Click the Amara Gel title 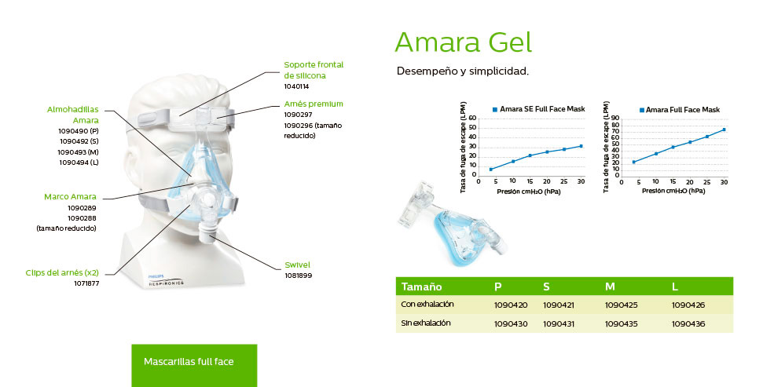coord(464,42)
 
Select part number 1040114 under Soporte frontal coord(296,86)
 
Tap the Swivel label coord(297,265)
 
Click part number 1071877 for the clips coord(86,283)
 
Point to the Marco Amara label coord(70,197)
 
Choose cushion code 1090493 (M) coord(79,152)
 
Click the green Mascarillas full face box coord(194,366)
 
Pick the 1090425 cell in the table coord(621,305)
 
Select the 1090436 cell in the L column coord(688,323)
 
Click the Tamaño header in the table coord(421,287)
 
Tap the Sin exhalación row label coord(426,323)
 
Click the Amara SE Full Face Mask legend coord(539,109)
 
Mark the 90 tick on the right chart coord(615,119)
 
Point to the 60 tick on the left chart coord(472,119)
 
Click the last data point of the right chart coord(724,130)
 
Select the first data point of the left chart coord(491,170)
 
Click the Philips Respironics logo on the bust coord(166,280)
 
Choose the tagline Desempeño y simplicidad coord(463,71)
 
